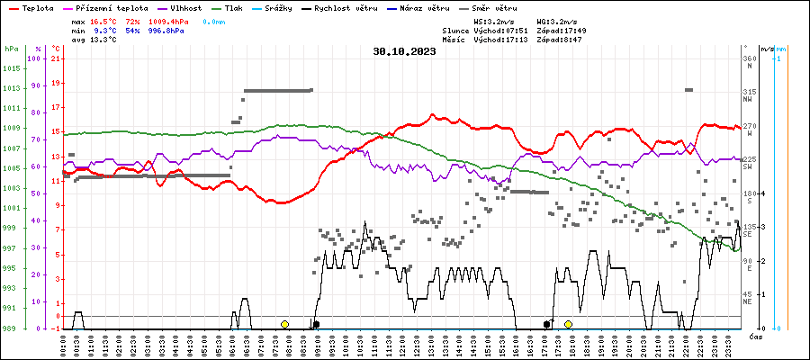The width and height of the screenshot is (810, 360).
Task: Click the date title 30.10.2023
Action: (x=404, y=51)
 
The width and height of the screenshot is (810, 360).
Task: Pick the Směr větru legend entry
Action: (x=493, y=7)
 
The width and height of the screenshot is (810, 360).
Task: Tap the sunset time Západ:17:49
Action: (x=561, y=30)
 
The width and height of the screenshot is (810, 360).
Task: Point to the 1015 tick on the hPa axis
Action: (x=12, y=68)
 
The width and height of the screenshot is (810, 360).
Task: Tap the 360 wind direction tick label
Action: (x=750, y=58)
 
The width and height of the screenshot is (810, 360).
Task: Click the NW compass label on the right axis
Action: (x=748, y=100)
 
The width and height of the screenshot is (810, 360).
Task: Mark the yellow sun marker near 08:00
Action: (x=284, y=324)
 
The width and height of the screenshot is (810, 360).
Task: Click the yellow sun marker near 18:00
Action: (x=568, y=324)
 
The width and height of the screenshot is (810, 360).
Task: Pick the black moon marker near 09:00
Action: (x=316, y=324)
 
